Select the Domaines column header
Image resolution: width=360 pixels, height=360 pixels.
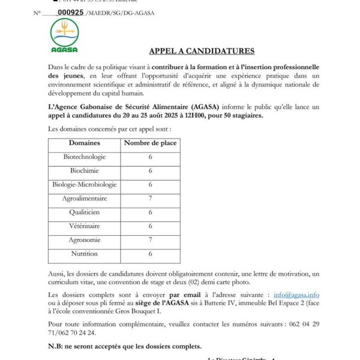tap(84, 143)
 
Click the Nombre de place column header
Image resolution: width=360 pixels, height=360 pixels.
tap(150, 143)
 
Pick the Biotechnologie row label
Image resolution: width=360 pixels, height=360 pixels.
tap(84, 157)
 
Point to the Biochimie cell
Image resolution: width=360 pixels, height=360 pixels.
tap(84, 171)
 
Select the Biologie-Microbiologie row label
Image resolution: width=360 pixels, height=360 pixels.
tap(84, 185)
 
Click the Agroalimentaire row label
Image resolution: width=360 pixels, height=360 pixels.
tap(84, 199)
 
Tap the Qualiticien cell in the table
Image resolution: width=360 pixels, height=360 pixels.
tap(84, 212)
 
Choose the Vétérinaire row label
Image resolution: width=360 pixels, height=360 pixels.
tap(84, 227)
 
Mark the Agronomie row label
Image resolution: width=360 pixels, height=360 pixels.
tap(84, 240)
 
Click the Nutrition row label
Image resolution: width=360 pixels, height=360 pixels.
tap(84, 254)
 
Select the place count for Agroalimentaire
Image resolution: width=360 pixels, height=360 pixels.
tap(150, 199)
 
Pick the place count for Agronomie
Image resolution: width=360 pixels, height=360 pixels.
tap(150, 240)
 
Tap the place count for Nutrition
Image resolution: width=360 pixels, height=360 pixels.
tap(150, 254)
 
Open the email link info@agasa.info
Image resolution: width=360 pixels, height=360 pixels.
tap(296, 295)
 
